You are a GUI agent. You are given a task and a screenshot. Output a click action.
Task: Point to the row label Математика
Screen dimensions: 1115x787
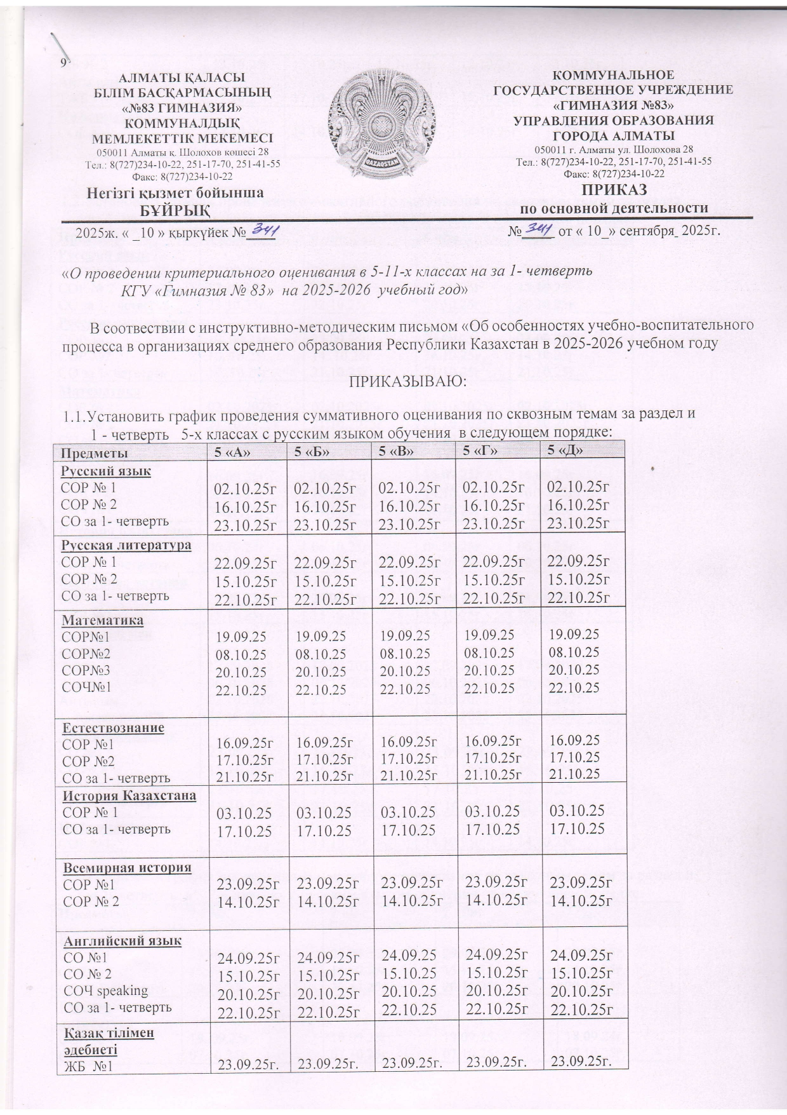pos(102,619)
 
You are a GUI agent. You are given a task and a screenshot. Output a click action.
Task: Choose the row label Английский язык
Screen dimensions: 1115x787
pos(121,940)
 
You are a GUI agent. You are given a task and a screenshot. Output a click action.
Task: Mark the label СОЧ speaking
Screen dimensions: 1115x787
pos(104,990)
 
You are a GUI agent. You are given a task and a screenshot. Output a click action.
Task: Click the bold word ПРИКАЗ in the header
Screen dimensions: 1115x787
pos(613,191)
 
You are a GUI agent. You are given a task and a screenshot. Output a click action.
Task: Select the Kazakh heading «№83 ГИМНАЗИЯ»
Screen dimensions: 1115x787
pos(183,107)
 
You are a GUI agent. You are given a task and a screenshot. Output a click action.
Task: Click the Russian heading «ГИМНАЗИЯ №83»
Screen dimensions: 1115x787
pos(613,105)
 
